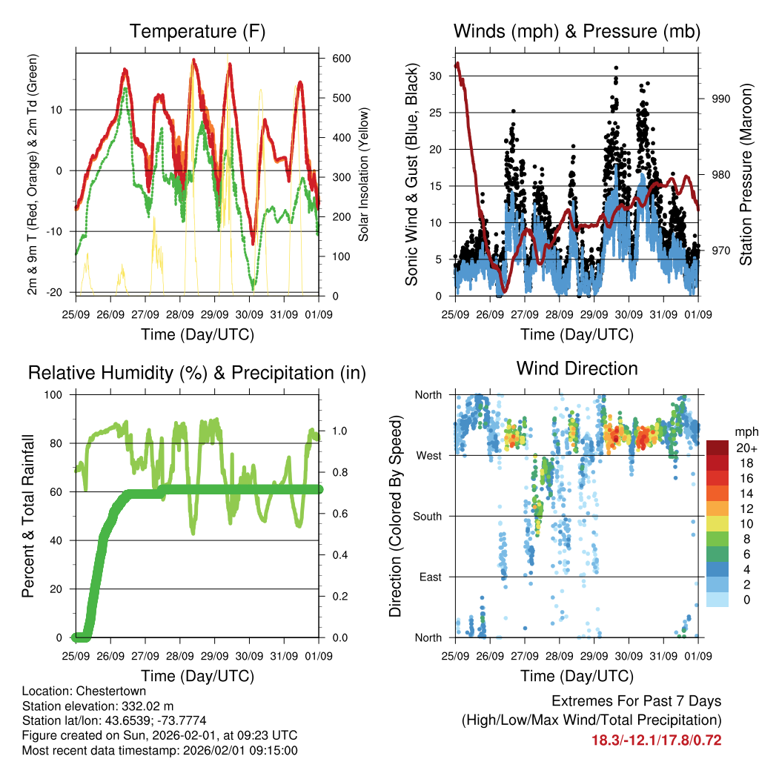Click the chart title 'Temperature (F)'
pyautogui.click(x=197, y=32)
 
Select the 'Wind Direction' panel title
pyautogui.click(x=577, y=368)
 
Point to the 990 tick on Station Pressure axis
pyautogui.click(x=721, y=99)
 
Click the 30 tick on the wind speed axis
pyautogui.click(x=437, y=76)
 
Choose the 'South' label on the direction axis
pyautogui.click(x=426, y=516)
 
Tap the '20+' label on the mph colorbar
pyautogui.click(x=745, y=448)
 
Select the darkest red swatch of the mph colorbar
pyautogui.click(x=717, y=448)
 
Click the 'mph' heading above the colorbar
pyautogui.click(x=745, y=431)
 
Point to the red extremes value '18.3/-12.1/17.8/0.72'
pyautogui.click(x=656, y=740)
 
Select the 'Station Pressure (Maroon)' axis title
pyautogui.click(x=746, y=174)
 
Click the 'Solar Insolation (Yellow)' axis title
pyautogui.click(x=364, y=175)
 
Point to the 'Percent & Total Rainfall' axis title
pyautogui.click(x=28, y=516)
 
